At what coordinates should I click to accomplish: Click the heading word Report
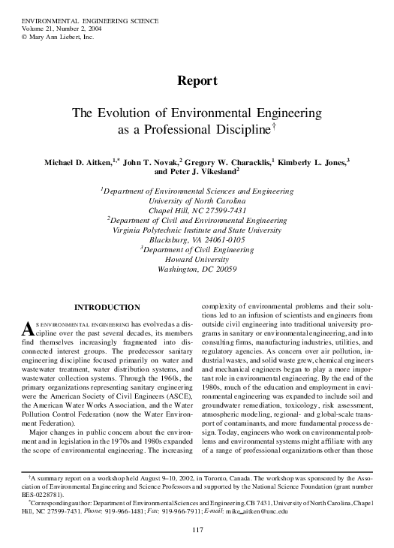point(197,80)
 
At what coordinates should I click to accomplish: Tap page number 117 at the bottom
point(197,531)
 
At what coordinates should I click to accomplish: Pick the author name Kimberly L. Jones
point(314,162)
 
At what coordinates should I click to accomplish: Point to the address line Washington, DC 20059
point(197,269)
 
